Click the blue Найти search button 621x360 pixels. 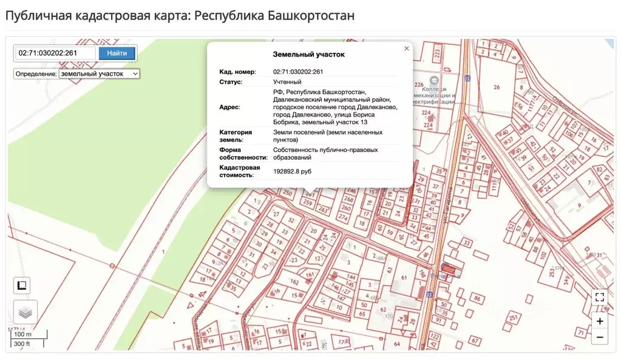117,53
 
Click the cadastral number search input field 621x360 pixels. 55,53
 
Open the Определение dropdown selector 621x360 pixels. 99,73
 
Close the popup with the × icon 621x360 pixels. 407,49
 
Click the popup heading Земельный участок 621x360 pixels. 308,55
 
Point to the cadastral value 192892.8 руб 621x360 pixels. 292,172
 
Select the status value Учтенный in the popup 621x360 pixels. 287,81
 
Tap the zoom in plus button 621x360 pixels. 600,321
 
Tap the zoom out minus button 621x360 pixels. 600,337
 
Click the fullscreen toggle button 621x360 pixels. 600,297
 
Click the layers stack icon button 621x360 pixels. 25,313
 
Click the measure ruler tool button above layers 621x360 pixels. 22,285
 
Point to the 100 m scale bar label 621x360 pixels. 23,335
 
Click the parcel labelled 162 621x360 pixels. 295,282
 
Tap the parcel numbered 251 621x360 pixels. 513,318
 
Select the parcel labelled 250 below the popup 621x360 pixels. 287,194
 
